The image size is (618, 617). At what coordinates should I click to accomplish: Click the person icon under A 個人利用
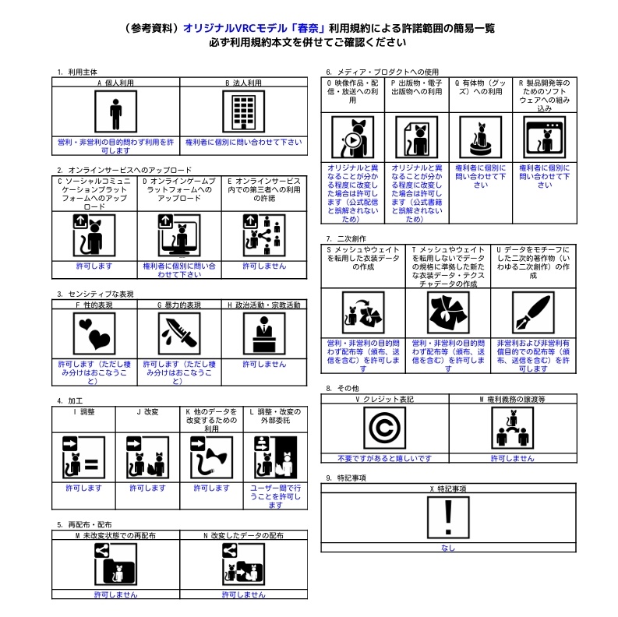point(116,112)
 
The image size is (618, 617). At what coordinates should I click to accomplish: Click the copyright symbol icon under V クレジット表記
point(384,428)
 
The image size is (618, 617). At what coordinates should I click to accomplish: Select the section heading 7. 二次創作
point(346,238)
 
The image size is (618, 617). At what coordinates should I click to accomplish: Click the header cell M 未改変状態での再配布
point(115,536)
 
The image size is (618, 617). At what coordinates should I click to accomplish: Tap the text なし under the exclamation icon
point(447,548)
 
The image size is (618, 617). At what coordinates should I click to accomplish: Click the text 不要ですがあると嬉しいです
point(384,458)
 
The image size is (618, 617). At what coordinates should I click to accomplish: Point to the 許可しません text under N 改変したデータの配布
point(243,594)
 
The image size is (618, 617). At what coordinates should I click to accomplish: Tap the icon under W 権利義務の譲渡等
point(511,428)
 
